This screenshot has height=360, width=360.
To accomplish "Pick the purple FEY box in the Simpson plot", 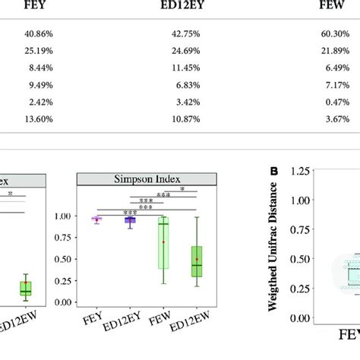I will pos(96,219).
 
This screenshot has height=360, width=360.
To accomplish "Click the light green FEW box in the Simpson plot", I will pos(163,243).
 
